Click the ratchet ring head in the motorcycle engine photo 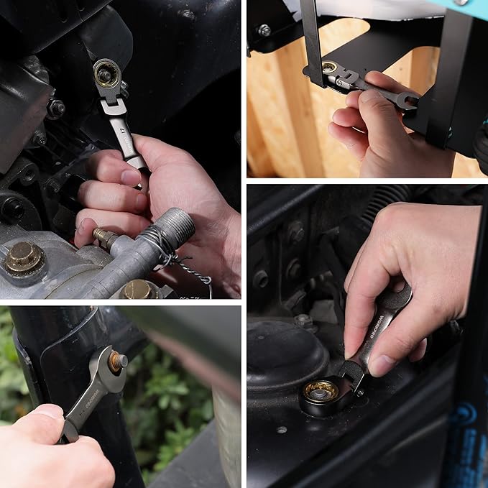pyautogui.click(x=106, y=74)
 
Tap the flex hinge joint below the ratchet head pyautogui.click(x=114, y=107)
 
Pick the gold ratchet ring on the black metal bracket pyautogui.click(x=330, y=68)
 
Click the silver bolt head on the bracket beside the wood pyautogui.click(x=264, y=30)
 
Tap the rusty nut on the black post pyautogui.click(x=114, y=361)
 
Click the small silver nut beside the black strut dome pyautogui.click(x=304, y=320)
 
